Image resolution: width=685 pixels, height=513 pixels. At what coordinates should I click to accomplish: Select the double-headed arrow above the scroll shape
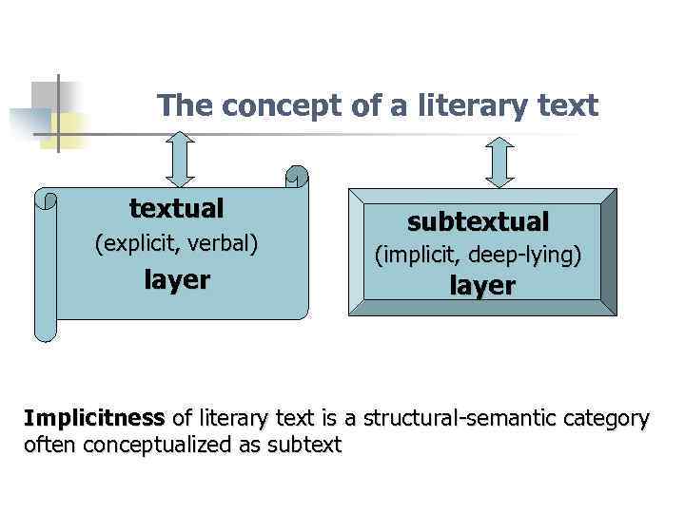[x=181, y=159]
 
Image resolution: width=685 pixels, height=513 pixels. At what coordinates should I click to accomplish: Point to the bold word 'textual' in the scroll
[x=177, y=208]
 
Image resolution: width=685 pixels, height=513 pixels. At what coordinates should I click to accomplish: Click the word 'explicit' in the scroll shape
[x=142, y=243]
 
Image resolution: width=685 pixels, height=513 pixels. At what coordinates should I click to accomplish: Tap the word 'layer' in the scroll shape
[x=177, y=280]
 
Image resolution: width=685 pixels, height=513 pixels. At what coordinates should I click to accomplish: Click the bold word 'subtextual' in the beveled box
[x=479, y=222]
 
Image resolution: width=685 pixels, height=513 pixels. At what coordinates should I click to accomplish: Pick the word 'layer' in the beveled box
[x=482, y=286]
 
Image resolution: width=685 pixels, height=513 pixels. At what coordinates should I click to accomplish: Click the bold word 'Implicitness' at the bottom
[x=94, y=418]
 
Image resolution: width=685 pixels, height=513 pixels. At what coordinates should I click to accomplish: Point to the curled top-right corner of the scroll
[x=297, y=178]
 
